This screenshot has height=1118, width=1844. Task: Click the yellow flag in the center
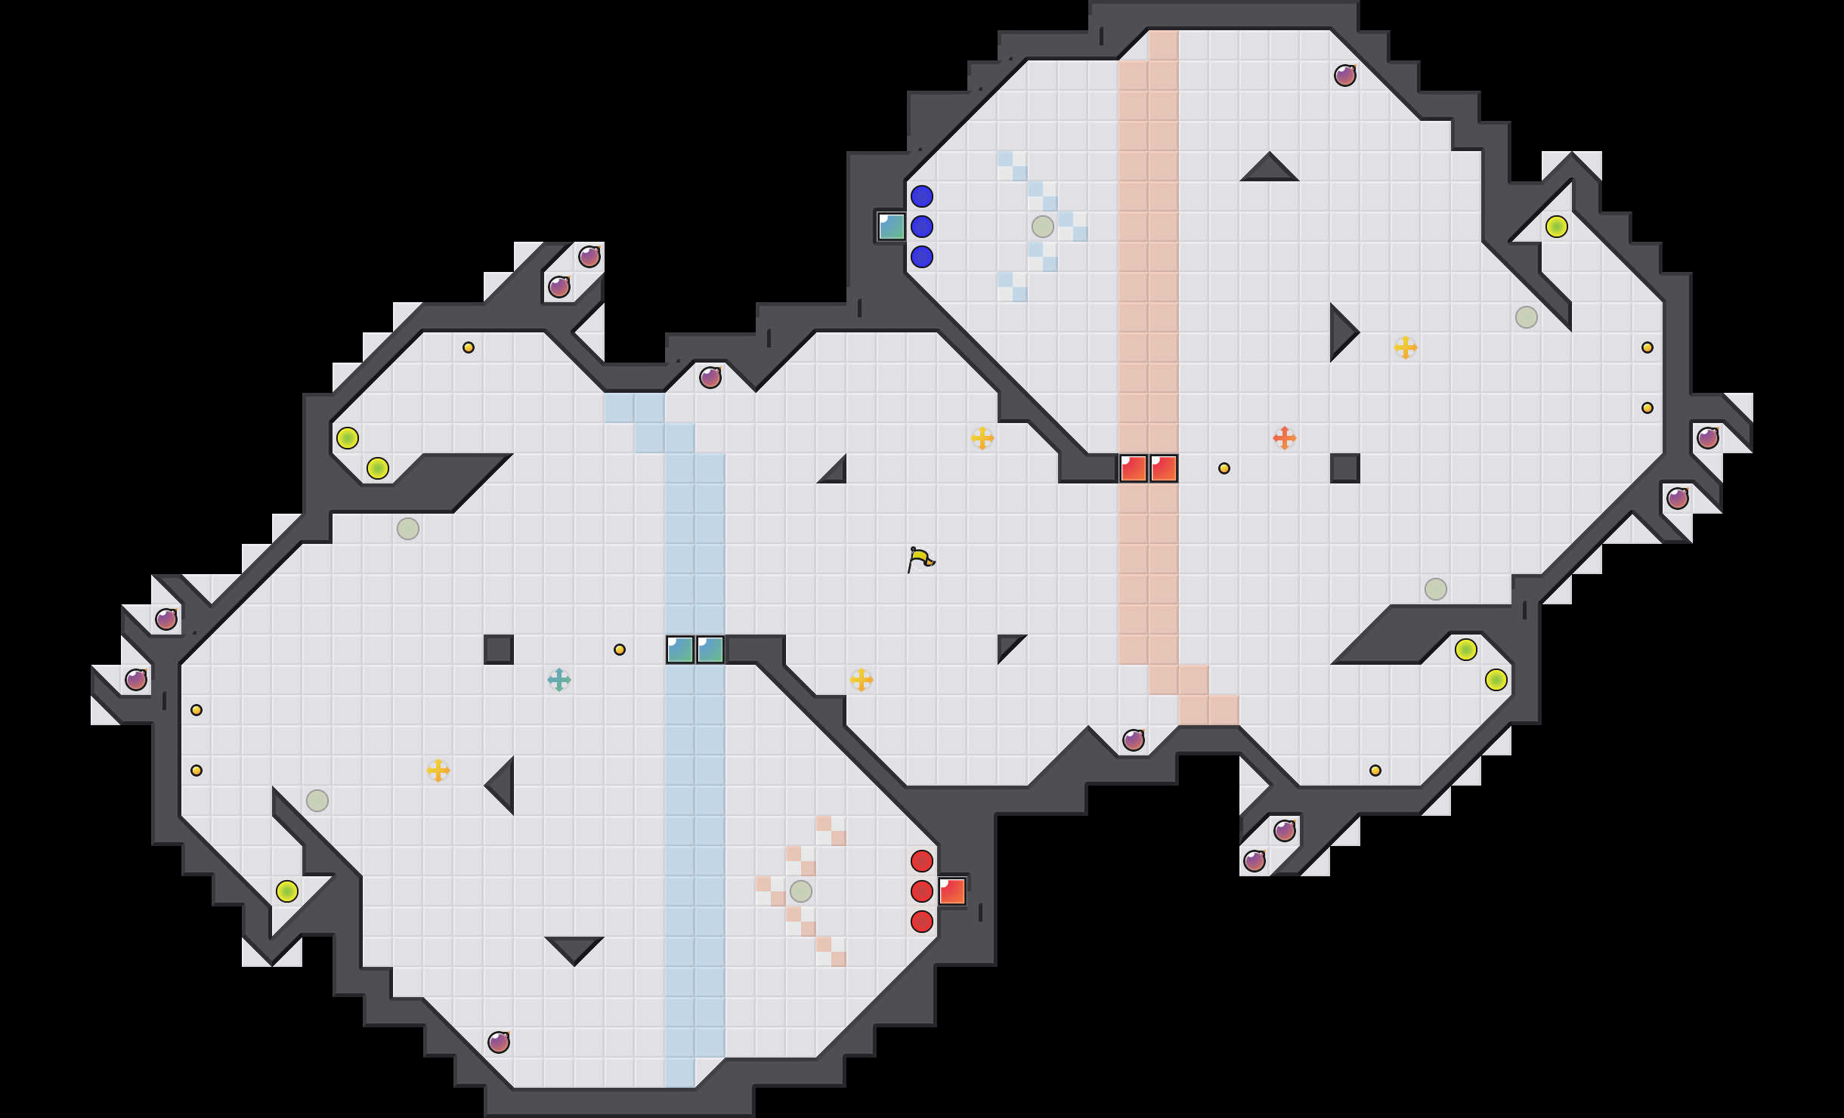coord(920,560)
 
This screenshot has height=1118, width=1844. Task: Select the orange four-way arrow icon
coord(1284,438)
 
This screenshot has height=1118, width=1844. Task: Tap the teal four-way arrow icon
coord(558,680)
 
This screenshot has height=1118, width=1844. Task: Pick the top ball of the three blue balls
coord(921,196)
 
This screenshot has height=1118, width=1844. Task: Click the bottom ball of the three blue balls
coord(921,257)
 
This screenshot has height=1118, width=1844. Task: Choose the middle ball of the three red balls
coord(921,891)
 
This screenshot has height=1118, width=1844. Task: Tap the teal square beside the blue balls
coord(892,227)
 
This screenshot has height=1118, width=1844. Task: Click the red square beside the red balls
coord(952,891)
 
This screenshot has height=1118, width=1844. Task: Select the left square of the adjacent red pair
coord(1134,468)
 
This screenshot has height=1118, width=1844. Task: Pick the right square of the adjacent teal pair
coord(710,650)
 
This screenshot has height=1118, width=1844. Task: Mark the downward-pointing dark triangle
coord(574,948)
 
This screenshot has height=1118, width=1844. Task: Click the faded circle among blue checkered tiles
coord(1042,227)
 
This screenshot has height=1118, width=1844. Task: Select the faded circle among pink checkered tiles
coord(800,891)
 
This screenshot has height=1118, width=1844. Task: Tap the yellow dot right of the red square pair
coord(1224,468)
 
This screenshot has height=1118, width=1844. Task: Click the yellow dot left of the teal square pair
coord(620,650)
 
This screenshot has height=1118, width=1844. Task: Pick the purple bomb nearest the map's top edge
coord(1344,76)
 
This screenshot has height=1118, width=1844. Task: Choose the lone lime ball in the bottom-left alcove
coord(286,891)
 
